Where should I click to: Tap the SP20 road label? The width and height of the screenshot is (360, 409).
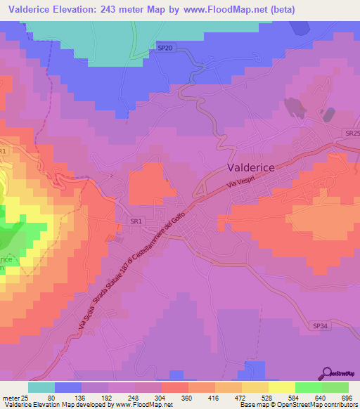click(165, 48)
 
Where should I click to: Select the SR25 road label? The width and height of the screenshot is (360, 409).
click(352, 133)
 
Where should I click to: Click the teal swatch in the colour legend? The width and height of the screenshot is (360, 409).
click(41, 387)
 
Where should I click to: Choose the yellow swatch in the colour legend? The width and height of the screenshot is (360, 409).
click(281, 387)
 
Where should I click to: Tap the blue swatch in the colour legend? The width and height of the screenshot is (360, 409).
click(68, 387)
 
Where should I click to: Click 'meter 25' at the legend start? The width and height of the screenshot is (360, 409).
click(14, 397)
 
